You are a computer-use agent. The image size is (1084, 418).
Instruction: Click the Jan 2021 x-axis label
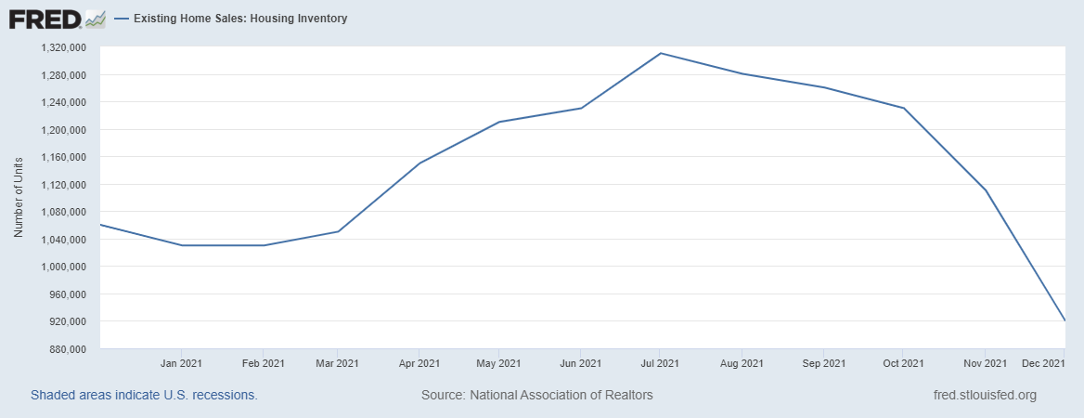pyautogui.click(x=182, y=362)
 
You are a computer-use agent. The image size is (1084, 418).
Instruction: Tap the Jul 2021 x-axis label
pyautogui.click(x=661, y=362)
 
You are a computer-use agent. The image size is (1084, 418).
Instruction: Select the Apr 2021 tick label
pyautogui.click(x=419, y=362)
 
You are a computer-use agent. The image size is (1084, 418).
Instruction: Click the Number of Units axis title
pyautogui.click(x=18, y=198)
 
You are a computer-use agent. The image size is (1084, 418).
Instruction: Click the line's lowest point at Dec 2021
pyautogui.click(x=1065, y=321)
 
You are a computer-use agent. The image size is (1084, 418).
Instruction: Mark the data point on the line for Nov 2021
pyautogui.click(x=985, y=190)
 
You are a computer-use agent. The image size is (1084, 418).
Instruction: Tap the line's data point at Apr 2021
pyautogui.click(x=419, y=163)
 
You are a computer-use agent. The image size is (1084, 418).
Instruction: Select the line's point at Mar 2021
pyautogui.click(x=339, y=231)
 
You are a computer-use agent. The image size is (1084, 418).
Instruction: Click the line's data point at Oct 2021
pyautogui.click(x=904, y=108)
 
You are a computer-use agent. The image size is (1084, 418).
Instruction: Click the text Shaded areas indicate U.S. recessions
pyautogui.click(x=144, y=395)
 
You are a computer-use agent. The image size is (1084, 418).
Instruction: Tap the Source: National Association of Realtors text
pyautogui.click(x=536, y=395)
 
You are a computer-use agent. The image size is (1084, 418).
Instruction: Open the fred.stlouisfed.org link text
pyautogui.click(x=984, y=395)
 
